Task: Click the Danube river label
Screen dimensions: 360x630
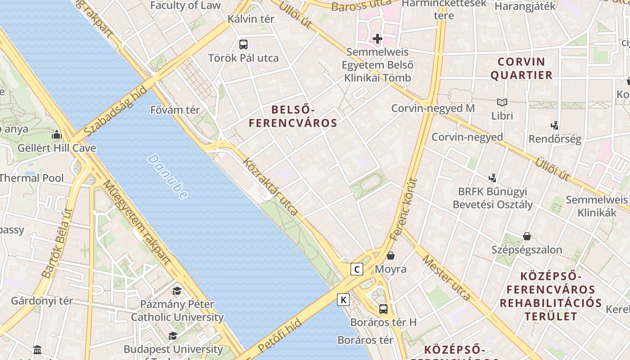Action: pos(167,177)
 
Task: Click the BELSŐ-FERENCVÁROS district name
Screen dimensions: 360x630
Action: pos(293,116)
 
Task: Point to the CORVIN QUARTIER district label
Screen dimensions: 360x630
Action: pos(521,68)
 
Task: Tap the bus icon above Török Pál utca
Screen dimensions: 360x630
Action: pos(243,45)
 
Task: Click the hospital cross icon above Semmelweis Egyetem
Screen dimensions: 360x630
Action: pos(378,39)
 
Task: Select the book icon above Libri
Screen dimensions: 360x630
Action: pos(502,103)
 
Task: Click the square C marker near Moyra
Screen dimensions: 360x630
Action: pos(357,270)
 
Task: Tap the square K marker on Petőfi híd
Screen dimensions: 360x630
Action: pos(343,300)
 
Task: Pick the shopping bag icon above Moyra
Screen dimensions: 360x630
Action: pos(391,256)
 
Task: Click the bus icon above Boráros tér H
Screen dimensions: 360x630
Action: pos(383,309)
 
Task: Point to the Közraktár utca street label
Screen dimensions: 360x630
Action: pos(270,186)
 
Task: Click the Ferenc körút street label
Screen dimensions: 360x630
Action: pos(404,209)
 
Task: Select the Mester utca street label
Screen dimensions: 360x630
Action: pos(446,278)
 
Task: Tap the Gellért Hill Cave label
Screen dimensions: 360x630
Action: pos(57,148)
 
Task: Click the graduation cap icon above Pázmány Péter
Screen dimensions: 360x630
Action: pos(177,291)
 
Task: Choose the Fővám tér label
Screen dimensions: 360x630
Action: pos(175,110)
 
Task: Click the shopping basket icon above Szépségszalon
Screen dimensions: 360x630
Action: pos(526,236)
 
